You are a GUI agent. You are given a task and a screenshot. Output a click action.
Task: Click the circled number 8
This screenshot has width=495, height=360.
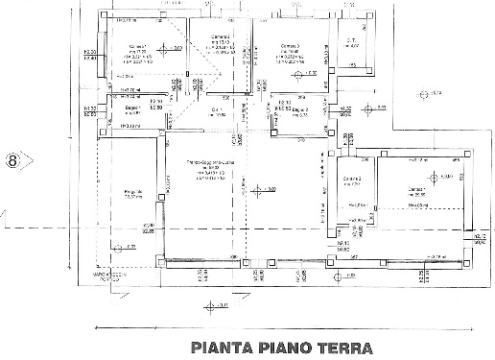click(x=13, y=160)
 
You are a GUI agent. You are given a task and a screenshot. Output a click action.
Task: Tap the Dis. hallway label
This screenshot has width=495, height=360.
click(x=218, y=110)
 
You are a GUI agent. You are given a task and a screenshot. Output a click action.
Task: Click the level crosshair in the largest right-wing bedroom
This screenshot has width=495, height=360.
click(x=434, y=178)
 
